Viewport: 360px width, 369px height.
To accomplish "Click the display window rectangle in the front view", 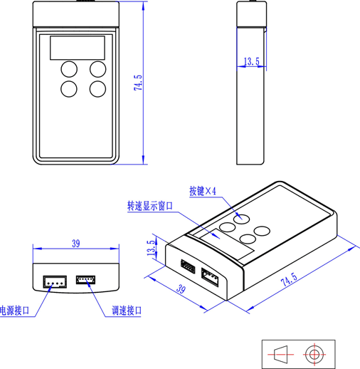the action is pos(78,48).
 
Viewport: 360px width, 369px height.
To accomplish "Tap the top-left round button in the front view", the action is pos(69,69).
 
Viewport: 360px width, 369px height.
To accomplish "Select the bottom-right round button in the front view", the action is pos(97,89).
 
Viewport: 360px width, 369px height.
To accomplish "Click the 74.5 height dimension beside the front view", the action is pos(138,83).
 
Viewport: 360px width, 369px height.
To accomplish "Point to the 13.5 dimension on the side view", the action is pos(252,61).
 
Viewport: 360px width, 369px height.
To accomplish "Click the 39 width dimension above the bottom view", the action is pos(76,244).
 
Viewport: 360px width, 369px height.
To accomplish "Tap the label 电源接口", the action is pos(15,311).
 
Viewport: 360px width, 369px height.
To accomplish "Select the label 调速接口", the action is pos(127,311).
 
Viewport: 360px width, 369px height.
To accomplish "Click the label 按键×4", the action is pos(203,191).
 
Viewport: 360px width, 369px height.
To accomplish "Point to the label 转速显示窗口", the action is pos(150,206).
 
